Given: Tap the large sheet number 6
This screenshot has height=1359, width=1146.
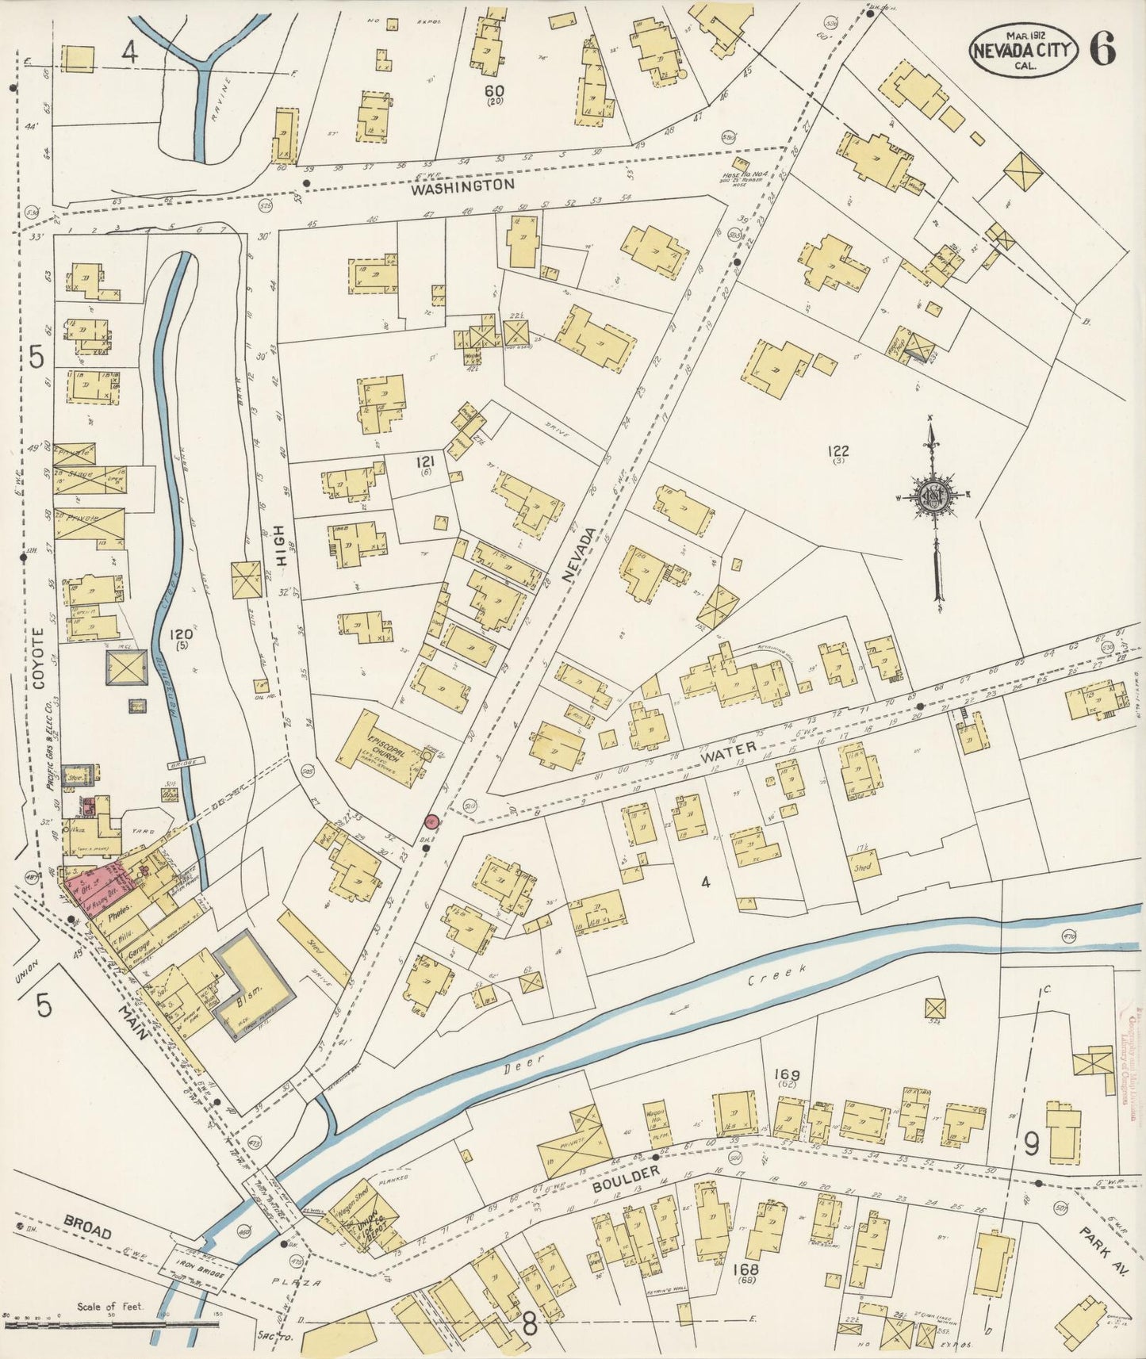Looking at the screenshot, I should [1102, 50].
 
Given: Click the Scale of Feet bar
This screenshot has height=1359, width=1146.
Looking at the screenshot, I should [111, 1324].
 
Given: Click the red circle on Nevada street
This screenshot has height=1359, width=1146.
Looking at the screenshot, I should [432, 822].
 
